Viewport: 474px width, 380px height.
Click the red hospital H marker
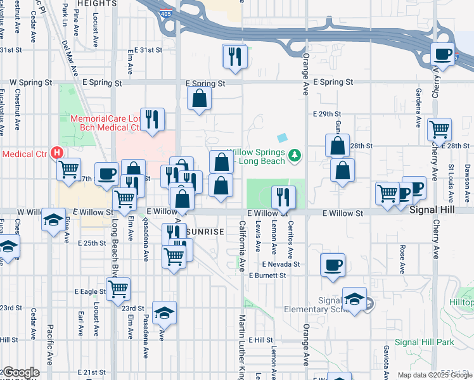pyautogui.click(x=57, y=153)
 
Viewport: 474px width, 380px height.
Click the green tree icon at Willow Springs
pyautogui.click(x=294, y=155)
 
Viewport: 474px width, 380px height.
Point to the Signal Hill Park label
pyautogui.click(x=425, y=343)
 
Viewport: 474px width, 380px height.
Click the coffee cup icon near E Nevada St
pyautogui.click(x=333, y=265)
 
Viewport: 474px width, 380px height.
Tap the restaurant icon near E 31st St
pyautogui.click(x=234, y=56)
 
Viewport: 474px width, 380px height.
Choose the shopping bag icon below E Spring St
pyautogui.click(x=199, y=99)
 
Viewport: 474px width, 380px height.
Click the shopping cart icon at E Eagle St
pyautogui.click(x=118, y=289)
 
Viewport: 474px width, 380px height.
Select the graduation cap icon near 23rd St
pyautogui.click(x=164, y=313)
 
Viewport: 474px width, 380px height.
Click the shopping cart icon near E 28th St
pyautogui.click(x=439, y=129)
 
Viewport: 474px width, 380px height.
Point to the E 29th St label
pyautogui.click(x=328, y=113)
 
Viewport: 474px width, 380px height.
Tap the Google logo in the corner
pyautogui.click(x=20, y=372)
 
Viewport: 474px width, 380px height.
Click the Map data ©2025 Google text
pyautogui.click(x=434, y=375)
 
